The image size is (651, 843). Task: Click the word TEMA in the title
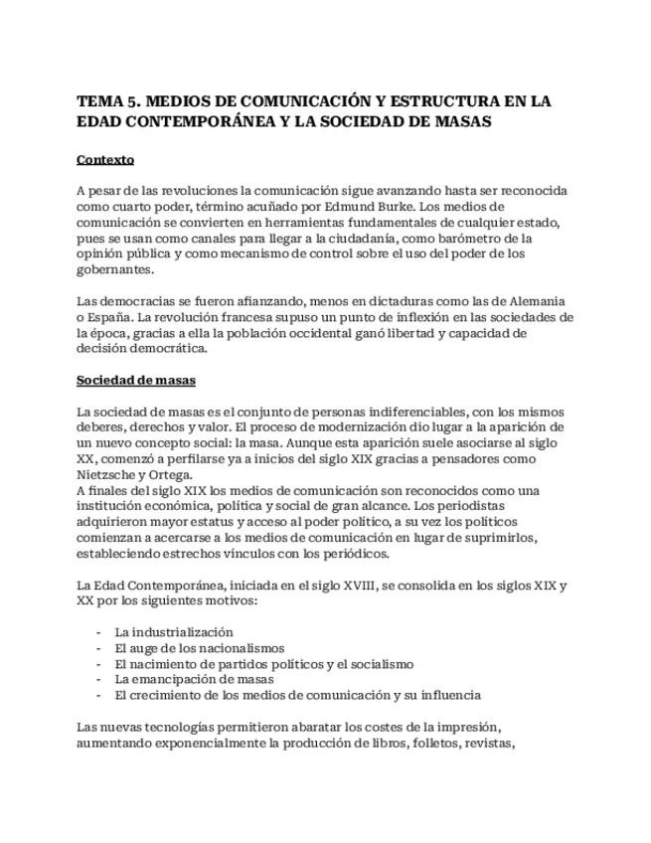click(x=97, y=101)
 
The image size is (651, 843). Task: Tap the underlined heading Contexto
click(x=105, y=159)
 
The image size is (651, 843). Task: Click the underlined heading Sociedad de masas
click(x=136, y=380)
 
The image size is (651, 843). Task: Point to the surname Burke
click(x=332, y=206)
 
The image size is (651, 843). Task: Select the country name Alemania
click(x=535, y=300)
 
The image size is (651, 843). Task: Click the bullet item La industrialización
click(x=174, y=631)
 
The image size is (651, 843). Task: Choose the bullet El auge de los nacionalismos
click(x=199, y=647)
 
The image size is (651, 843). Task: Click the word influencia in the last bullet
click(x=447, y=695)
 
